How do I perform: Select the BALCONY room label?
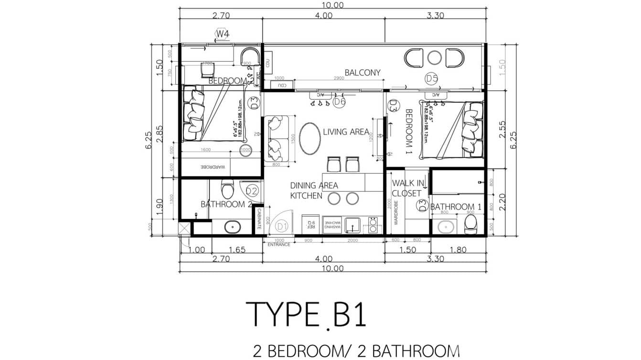click(x=363, y=73)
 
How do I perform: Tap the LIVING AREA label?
click(x=346, y=132)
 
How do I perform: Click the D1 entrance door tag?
click(x=281, y=226)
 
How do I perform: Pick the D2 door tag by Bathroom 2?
click(x=252, y=191)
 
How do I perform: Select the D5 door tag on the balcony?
click(x=432, y=79)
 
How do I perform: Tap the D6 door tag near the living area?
click(x=339, y=101)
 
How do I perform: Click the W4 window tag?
click(x=222, y=34)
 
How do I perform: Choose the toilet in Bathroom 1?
click(x=471, y=223)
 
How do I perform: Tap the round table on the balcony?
click(x=434, y=58)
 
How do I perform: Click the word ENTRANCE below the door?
click(x=279, y=244)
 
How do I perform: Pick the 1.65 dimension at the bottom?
click(x=236, y=249)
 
